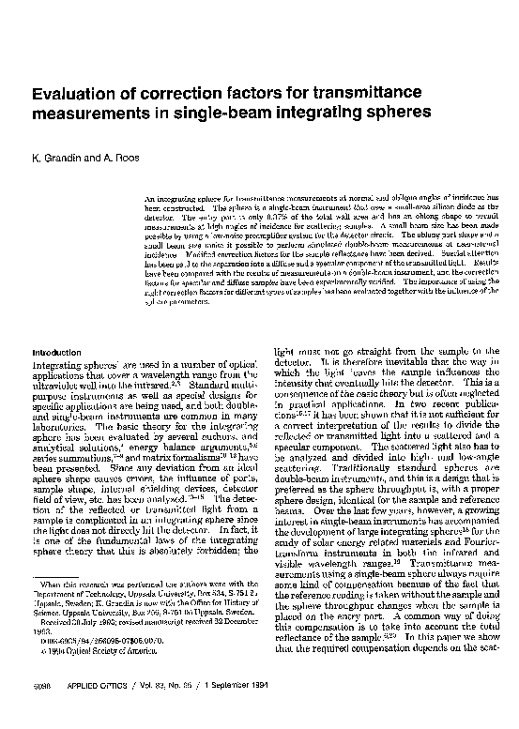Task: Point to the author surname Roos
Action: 125,157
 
